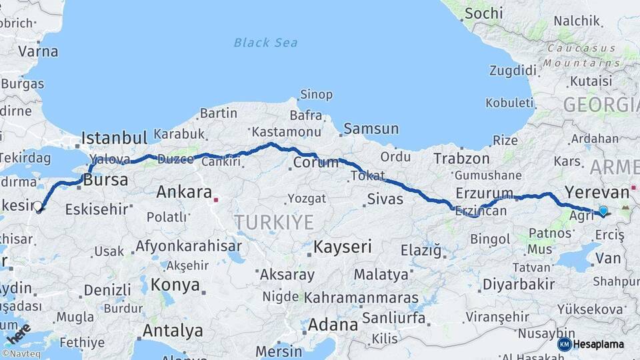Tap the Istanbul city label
114,139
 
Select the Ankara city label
184,193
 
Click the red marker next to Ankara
216,199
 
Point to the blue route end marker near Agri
603,211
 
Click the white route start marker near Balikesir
38,207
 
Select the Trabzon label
461,159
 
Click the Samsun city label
371,129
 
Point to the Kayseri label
343,247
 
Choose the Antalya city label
173,331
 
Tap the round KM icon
565,344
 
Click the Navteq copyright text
21,354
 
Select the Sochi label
484,13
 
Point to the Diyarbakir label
519,284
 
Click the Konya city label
175,285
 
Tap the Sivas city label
385,199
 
